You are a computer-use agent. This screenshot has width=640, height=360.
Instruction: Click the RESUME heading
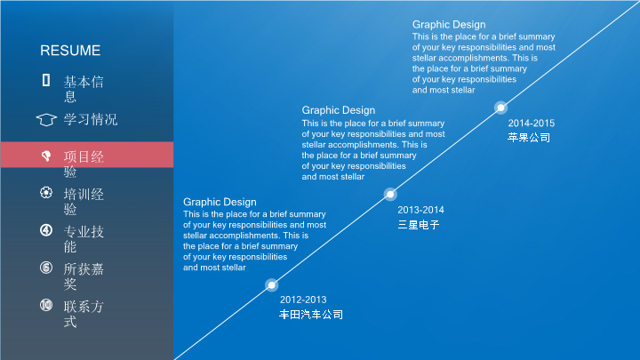[x=70, y=51]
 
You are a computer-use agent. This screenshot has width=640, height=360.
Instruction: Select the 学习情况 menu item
[x=90, y=120]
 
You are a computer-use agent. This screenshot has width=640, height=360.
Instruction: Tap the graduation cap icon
[x=46, y=120]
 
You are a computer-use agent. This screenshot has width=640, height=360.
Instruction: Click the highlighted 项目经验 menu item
[x=84, y=164]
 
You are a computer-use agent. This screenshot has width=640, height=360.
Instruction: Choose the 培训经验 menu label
[x=84, y=202]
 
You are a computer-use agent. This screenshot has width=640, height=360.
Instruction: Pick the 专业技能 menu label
[x=84, y=239]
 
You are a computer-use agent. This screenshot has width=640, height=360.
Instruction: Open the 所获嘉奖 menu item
[x=84, y=276]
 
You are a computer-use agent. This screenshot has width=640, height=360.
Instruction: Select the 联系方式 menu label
[x=84, y=315]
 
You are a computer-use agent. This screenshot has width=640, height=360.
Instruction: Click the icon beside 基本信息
[x=46, y=80]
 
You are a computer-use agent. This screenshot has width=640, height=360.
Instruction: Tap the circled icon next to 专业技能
[x=46, y=230]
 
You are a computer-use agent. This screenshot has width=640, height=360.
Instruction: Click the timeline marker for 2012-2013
[x=271, y=285]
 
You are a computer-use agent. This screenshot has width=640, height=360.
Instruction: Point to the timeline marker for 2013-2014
[x=390, y=195]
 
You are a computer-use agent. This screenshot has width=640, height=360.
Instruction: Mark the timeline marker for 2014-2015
[x=500, y=108]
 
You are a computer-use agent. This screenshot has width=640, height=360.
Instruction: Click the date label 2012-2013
[x=303, y=300]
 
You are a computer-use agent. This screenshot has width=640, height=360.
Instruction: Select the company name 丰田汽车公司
[x=311, y=315]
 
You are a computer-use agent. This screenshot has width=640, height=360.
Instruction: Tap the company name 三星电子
[x=419, y=225]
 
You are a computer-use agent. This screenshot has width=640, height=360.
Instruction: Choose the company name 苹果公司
[x=529, y=138]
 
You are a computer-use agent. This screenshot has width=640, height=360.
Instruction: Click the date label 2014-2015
[x=531, y=124]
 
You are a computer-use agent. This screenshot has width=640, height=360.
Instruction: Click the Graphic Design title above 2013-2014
[x=339, y=110]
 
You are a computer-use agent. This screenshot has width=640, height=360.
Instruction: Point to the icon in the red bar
[x=46, y=155]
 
